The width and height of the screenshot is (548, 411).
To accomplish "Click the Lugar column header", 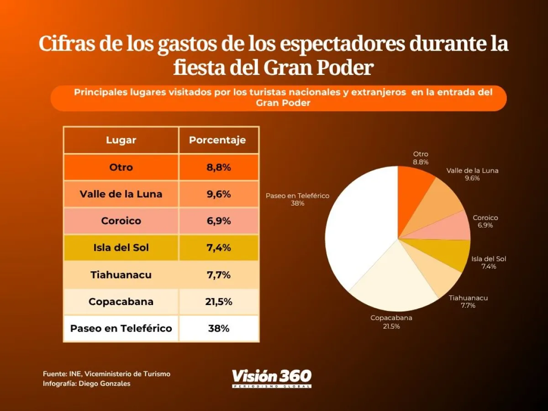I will (121, 140).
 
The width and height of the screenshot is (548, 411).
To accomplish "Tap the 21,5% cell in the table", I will (219, 302).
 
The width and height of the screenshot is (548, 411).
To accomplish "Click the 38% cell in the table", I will (219, 328).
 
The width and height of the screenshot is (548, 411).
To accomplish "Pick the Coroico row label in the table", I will (121, 221).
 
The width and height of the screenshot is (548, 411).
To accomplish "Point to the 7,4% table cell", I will (219, 248).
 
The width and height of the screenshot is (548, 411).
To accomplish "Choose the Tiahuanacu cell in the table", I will (121, 275).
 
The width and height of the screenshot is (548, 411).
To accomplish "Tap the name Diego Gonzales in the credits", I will (105, 384).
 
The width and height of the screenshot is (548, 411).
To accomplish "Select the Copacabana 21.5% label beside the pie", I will (391, 322).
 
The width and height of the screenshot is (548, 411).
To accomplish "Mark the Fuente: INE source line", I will (106, 374).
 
